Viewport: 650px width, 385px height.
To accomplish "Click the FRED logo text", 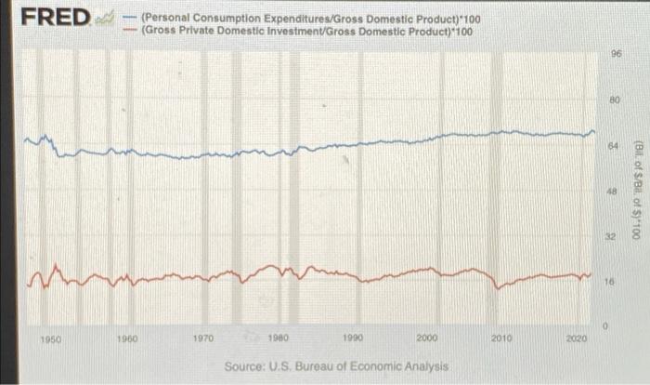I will pyautogui.click(x=56, y=18).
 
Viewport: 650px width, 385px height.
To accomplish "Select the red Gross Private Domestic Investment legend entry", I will pyautogui.click(x=306, y=31).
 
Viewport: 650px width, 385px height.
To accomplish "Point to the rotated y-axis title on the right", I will pyautogui.click(x=639, y=191).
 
